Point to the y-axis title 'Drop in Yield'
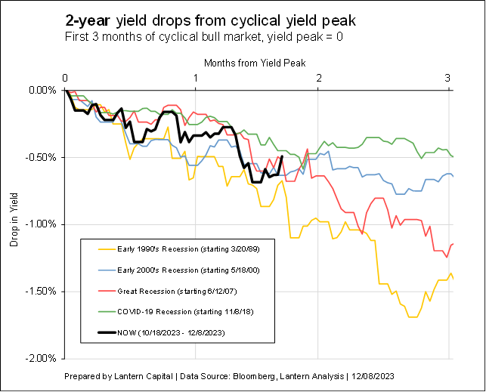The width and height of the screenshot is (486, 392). point(14,224)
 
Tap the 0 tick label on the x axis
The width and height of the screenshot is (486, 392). point(66,79)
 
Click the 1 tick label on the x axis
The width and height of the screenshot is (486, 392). point(196,79)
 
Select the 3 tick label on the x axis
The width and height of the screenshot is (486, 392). point(449,79)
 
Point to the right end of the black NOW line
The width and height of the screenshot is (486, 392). point(282,157)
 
